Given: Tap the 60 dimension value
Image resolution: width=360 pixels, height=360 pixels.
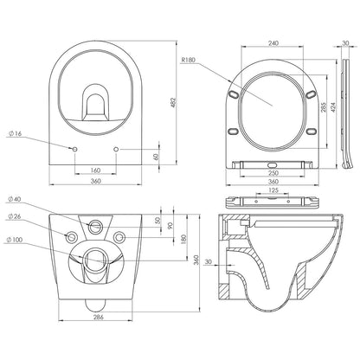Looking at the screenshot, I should [x=155, y=157].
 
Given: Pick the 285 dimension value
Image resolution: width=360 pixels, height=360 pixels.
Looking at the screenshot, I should [x=323, y=107].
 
